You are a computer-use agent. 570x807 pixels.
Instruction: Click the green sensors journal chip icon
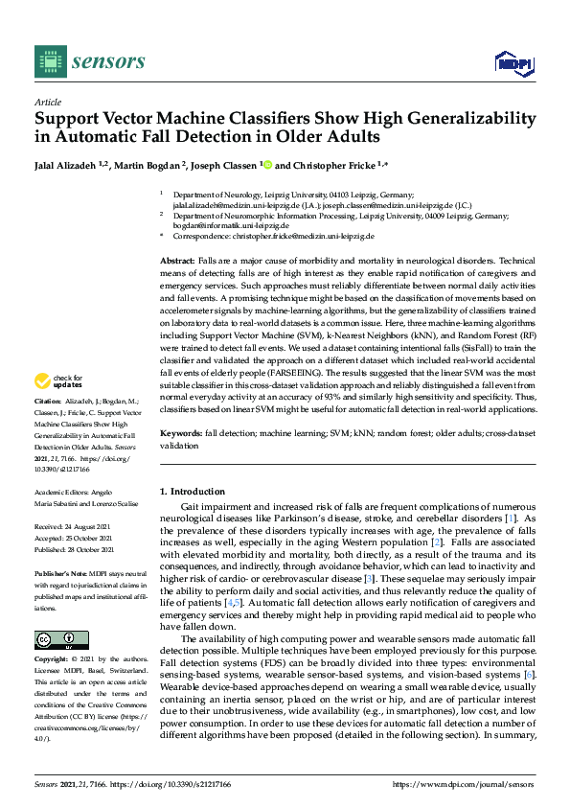tap(47, 62)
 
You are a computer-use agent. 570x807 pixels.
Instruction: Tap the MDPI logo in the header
tap(513, 63)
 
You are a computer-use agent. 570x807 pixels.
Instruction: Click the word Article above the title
tap(47, 101)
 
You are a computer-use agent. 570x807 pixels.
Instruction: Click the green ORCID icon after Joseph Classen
tap(266, 164)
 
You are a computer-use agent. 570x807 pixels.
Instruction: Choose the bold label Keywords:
tap(181, 434)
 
